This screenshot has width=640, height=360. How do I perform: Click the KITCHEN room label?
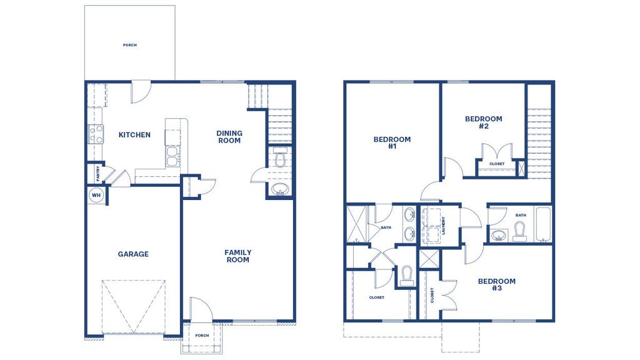tap(134, 135)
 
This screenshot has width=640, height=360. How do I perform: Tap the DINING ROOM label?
tap(229, 137)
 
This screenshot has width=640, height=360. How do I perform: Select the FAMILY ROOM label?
tap(237, 256)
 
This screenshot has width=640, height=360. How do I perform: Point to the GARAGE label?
tap(133, 254)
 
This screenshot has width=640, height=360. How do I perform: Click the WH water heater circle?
tap(96, 195)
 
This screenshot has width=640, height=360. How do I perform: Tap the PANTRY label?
tap(98, 171)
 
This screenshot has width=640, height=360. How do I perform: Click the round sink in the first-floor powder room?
tap(279, 189)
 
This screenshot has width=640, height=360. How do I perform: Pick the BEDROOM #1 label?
tap(392, 142)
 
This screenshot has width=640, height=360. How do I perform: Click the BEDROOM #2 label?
tap(483, 122)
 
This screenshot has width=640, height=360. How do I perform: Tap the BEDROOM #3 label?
tap(497, 284)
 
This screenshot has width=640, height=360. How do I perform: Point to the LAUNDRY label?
tap(443, 224)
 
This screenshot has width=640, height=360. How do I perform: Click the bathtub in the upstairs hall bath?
tap(542, 225)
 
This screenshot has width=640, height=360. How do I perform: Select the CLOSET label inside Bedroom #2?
tap(497, 164)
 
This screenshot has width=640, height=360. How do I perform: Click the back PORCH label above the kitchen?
tap(130, 45)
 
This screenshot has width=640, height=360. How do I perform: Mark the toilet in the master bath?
tap(407, 275)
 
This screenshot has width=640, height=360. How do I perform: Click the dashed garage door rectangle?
tap(133, 306)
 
